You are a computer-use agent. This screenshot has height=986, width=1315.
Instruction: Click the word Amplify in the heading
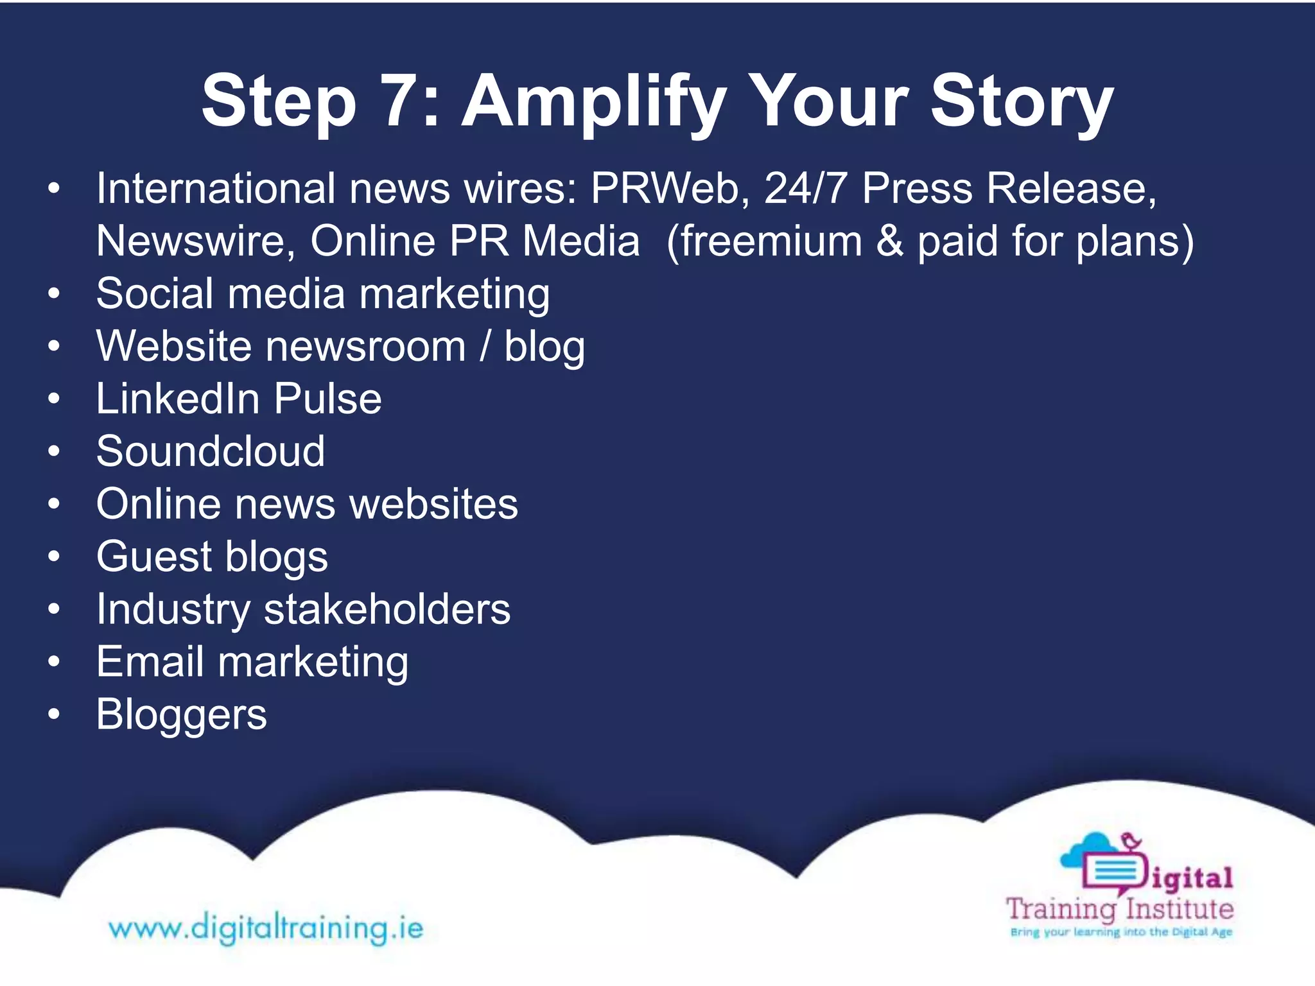coord(594,103)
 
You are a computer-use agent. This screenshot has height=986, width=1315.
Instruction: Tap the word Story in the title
coord(1022,103)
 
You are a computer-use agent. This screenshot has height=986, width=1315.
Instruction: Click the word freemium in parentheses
coord(771,241)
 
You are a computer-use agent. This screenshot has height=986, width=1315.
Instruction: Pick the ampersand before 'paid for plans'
coord(889,241)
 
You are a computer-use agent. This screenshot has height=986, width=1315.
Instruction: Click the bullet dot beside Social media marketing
coord(54,295)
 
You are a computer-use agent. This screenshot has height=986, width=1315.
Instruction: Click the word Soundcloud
coord(211,451)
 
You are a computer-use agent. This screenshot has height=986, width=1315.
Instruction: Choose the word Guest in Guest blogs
coord(154,557)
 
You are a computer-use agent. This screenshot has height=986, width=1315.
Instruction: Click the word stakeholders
coord(387,609)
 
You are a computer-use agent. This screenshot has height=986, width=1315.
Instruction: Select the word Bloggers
coord(181,714)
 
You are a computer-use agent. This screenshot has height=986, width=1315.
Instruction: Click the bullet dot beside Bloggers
coord(54,714)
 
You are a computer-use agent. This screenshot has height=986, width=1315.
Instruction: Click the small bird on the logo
coord(1131,840)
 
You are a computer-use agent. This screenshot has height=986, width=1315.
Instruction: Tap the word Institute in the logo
coord(1180,909)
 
